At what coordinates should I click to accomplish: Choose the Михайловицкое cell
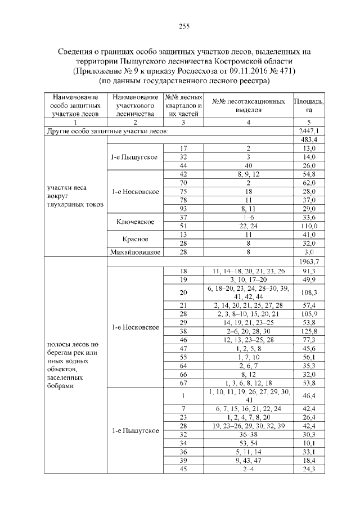[135, 253]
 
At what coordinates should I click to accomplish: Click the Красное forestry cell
[135, 238]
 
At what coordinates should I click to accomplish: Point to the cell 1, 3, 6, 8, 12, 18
[241, 382]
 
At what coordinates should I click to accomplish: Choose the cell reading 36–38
[241, 434]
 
